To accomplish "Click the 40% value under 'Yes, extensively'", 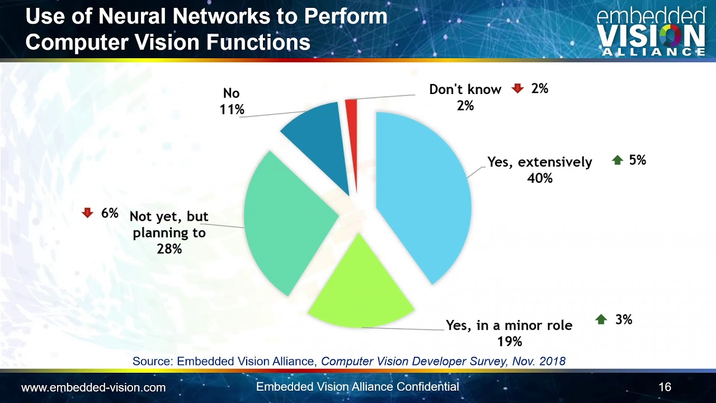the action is coord(540,178).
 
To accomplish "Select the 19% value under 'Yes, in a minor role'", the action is coord(510,341).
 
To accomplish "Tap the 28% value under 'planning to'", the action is coord(169,249).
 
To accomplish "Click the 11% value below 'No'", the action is coord(232,109).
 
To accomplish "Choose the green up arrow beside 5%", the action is coord(618,160).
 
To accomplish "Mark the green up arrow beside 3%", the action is coord(601,319).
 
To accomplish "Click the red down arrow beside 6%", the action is coord(87,213).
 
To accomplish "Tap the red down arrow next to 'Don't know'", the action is coord(517,88).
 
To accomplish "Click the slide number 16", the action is coord(665,387).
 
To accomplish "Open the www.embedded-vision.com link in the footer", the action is coord(93,388).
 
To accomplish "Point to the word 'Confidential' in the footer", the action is coord(428,387).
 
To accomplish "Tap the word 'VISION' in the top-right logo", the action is coord(651,36).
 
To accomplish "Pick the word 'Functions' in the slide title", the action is coord(258,42).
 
